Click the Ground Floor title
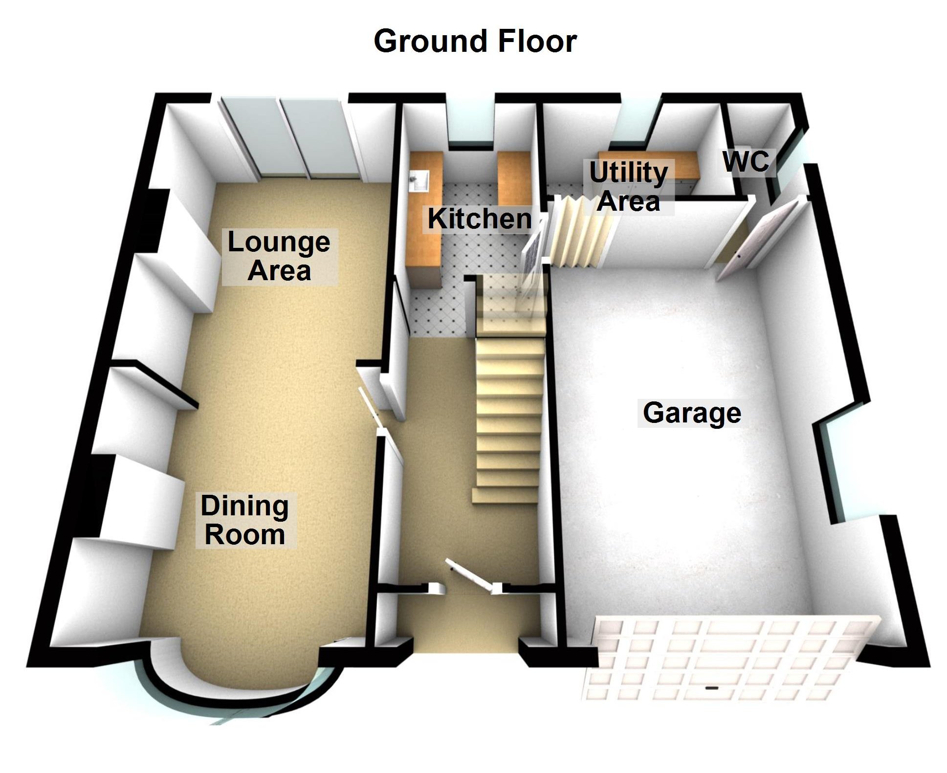(475, 41)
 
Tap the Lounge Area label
(279, 256)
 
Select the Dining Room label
(244, 520)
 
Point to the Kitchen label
(479, 219)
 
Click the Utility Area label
(629, 187)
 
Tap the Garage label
(691, 413)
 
